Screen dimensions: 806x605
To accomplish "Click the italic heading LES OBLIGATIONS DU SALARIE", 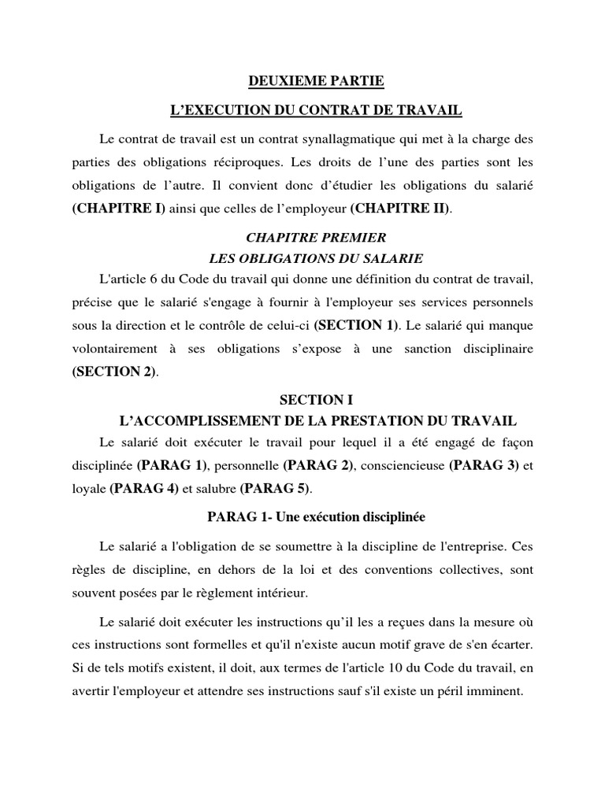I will [x=316, y=257].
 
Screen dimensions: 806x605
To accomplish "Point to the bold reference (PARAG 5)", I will [x=275, y=489].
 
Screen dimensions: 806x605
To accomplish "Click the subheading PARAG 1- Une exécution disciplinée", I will [x=316, y=517].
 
